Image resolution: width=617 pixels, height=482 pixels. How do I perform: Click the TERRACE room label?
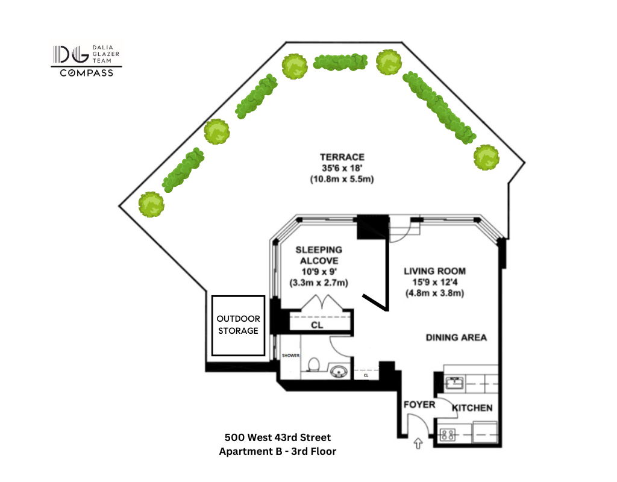342,157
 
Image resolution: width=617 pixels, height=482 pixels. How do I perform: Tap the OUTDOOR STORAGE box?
238,325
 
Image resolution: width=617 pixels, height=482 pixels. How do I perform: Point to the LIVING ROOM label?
434,271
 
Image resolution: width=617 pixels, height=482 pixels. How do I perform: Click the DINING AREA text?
456,337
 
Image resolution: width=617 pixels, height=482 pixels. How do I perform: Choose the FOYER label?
419,404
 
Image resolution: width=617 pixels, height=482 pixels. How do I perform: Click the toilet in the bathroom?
313,365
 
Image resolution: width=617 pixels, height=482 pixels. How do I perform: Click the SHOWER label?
290,355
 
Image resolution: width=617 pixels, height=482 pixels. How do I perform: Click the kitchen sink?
454,381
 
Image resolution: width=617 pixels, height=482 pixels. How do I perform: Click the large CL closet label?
317,325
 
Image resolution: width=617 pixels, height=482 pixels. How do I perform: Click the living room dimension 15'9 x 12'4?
434,282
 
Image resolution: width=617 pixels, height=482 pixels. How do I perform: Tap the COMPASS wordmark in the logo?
86,74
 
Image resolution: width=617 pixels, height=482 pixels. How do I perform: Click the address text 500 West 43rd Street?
278,437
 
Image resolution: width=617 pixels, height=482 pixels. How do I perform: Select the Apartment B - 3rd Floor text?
278,451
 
